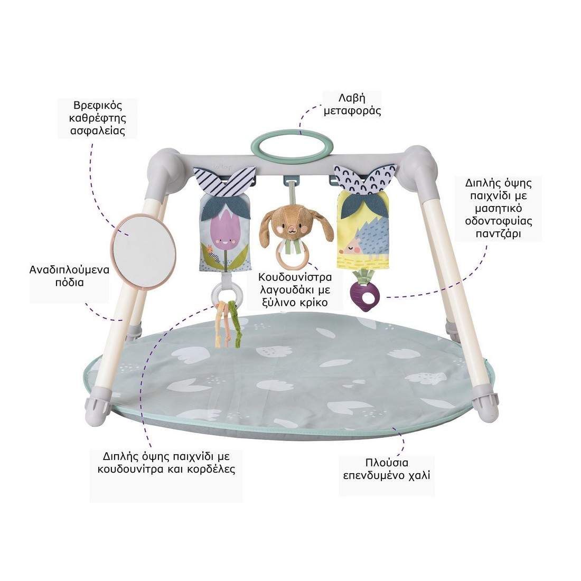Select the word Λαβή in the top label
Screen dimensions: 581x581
[x=353, y=98]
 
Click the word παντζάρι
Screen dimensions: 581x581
[x=498, y=233]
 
